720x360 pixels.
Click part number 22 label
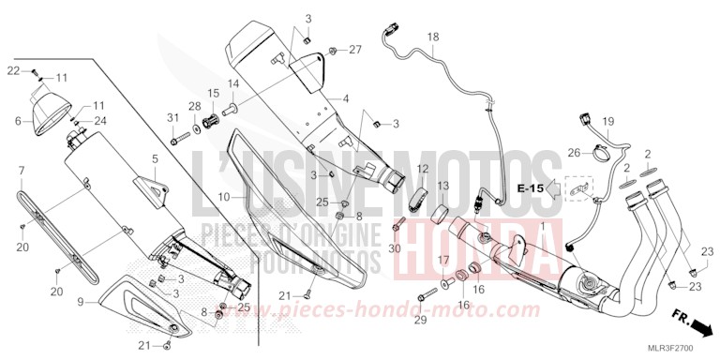tap(13, 70)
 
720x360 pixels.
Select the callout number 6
tap(18, 121)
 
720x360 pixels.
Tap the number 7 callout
tap(21, 170)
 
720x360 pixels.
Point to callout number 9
tap(81, 302)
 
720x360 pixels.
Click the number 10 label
tap(224, 198)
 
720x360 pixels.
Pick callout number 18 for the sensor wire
tap(433, 38)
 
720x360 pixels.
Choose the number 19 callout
tap(607, 121)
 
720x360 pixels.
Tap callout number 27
tap(354, 49)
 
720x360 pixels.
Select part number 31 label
tap(172, 116)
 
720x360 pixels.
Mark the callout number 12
tap(423, 169)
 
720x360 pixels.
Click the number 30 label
tap(394, 248)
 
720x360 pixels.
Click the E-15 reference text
tap(530, 188)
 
